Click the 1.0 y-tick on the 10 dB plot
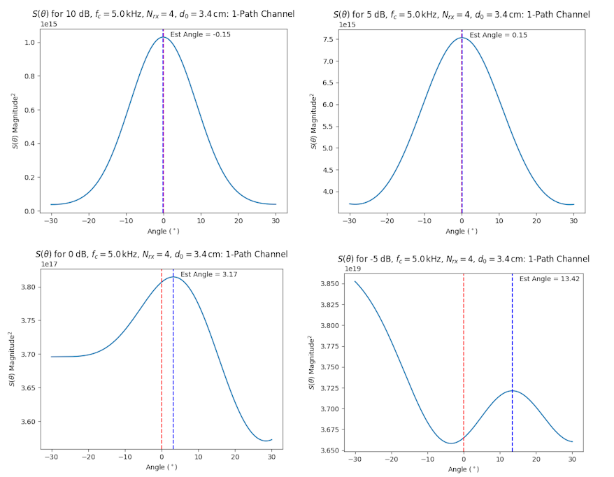pos(29,43)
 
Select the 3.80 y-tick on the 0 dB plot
pos(27,287)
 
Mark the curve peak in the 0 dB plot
pos(173,277)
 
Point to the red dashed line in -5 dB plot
pos(464,350)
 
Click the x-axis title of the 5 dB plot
pos(462,231)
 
